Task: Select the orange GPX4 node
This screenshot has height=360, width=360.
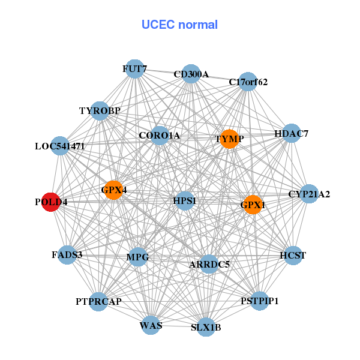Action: click(113, 191)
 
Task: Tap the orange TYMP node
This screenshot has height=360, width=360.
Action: click(229, 139)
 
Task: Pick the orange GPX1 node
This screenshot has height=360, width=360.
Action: click(253, 205)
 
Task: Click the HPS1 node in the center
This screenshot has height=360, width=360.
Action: click(184, 200)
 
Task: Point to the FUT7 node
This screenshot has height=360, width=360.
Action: click(134, 69)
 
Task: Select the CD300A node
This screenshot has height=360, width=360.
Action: click(191, 74)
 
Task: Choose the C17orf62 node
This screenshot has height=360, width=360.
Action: click(248, 82)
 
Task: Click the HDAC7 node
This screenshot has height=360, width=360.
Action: click(291, 134)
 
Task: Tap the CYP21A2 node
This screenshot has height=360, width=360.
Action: click(308, 194)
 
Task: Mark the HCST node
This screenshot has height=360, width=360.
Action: click(293, 256)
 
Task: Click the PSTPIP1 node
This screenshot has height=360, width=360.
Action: click(259, 301)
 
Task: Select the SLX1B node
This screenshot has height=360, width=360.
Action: click(206, 327)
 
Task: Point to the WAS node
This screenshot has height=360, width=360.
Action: click(151, 326)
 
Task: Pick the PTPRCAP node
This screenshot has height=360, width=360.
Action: click(98, 301)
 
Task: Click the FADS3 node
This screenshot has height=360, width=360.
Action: click(67, 255)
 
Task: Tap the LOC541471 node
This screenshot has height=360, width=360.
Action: click(59, 146)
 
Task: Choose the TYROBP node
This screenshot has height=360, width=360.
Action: click(100, 111)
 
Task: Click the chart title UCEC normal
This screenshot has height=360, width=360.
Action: click(179, 25)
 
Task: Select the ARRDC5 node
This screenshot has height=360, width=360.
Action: click(209, 264)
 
